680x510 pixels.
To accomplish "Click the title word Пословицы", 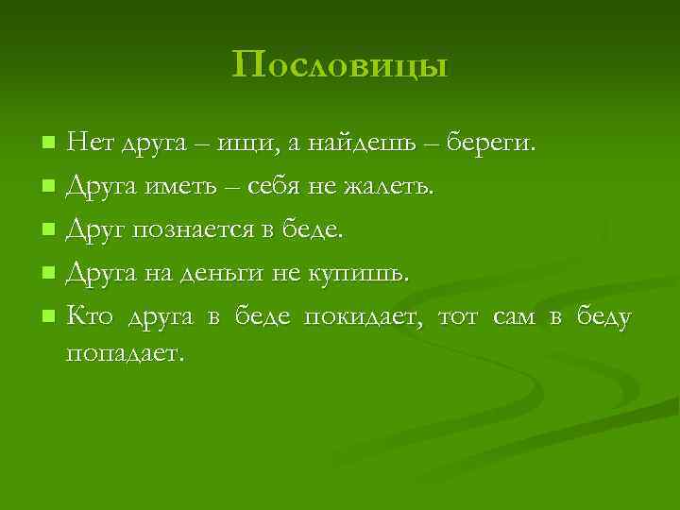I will pyautogui.click(x=339, y=65).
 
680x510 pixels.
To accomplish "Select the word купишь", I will pyautogui.click(x=360, y=273).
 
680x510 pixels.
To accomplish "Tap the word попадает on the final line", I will pyautogui.click(x=122, y=353).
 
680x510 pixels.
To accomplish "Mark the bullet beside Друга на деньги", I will pyautogui.click(x=48, y=273).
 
